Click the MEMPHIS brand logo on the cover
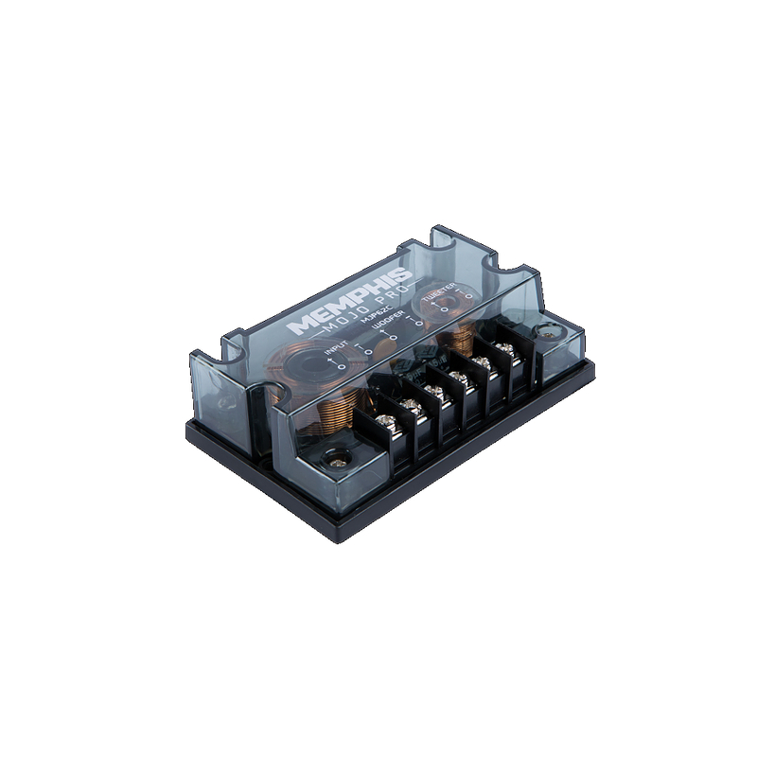click(349, 302)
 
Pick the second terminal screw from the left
click(410, 406)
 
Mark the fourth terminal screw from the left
click(459, 378)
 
